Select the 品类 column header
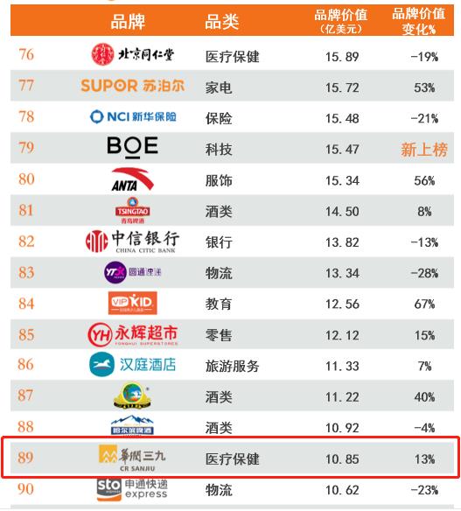pos(222,22)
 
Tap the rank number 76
pos(26,55)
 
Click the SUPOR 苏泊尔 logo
pos(133,86)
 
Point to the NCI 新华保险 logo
pos(133,116)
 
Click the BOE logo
pos(133,147)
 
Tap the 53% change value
pos(424,87)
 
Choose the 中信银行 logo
pos(133,241)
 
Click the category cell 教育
pos(219,304)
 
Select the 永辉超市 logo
pos(133,334)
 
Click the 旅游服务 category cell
pos(232,366)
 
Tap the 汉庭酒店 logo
pos(133,365)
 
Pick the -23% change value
pos(424,490)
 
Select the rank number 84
pos(26,304)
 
